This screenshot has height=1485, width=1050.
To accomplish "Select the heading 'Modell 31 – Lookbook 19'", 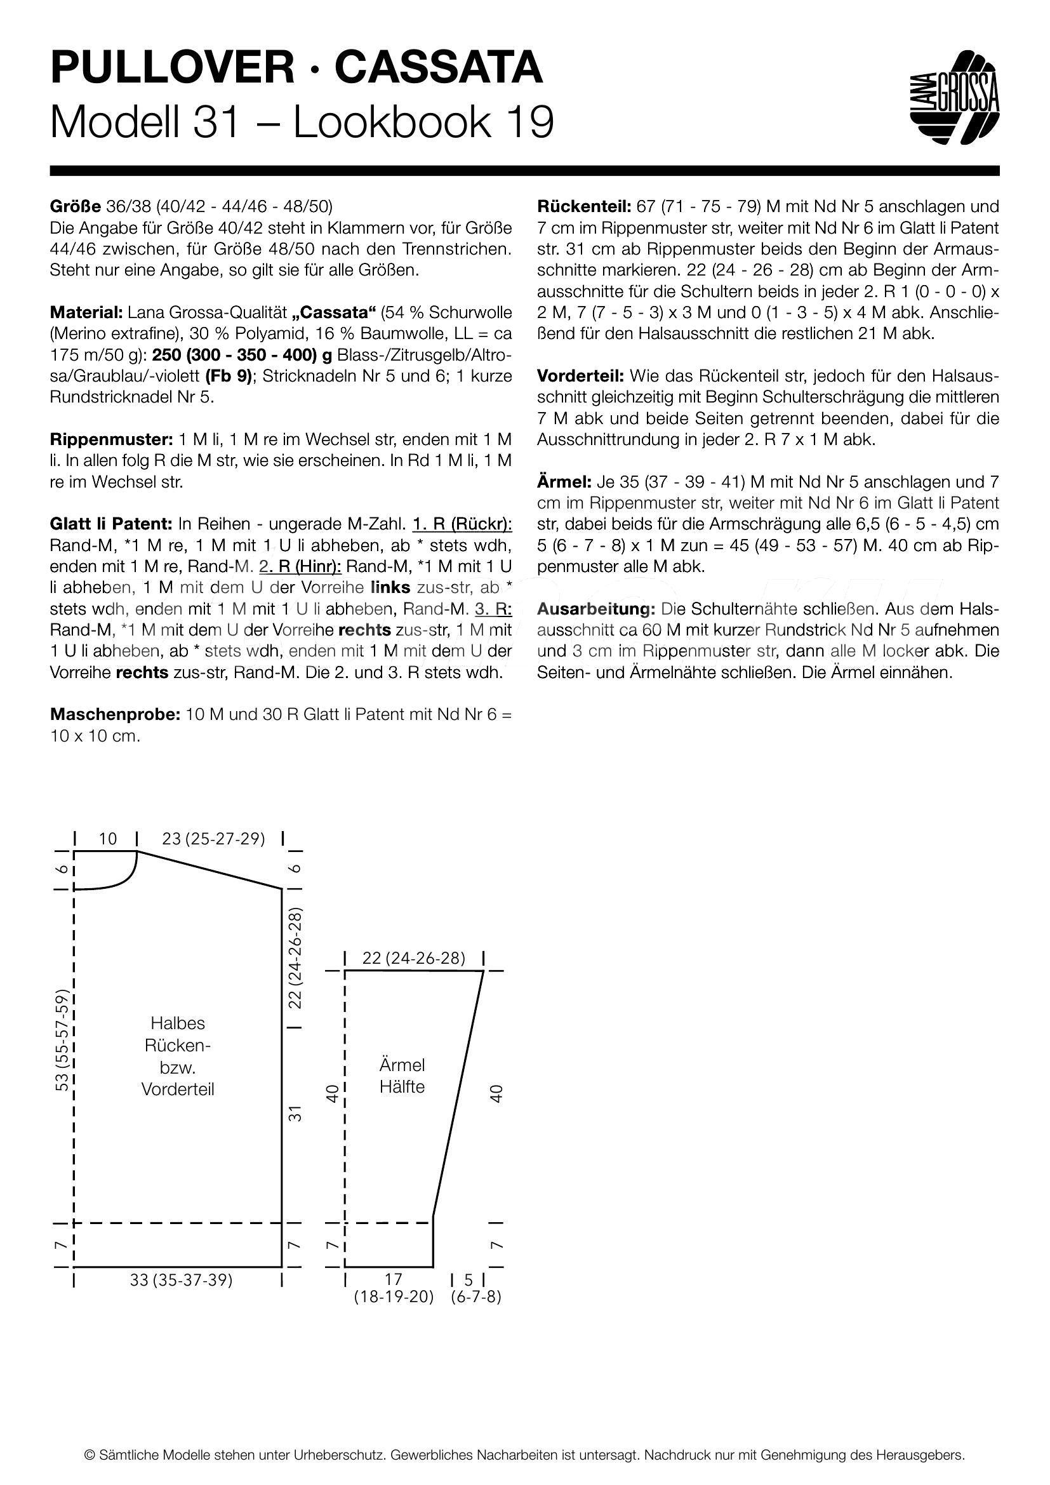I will (x=302, y=122).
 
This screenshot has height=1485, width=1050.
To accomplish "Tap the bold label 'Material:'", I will (x=86, y=312).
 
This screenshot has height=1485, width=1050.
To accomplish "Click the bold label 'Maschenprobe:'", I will (x=114, y=715).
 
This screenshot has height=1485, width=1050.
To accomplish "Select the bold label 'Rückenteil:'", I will (x=584, y=207).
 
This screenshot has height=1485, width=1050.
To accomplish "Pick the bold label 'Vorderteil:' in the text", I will (x=580, y=376).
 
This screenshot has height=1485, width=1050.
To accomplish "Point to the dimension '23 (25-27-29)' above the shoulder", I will (x=213, y=839).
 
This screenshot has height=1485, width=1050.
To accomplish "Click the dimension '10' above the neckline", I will (x=108, y=839).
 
